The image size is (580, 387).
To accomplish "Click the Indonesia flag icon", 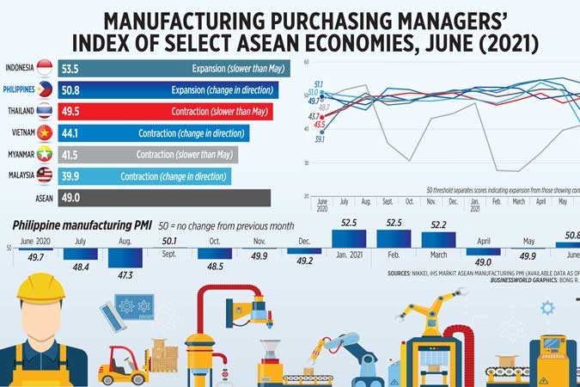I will click(44, 68).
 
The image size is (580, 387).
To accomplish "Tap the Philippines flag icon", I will click(44, 89).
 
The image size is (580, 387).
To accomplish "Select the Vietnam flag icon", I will click(44, 132).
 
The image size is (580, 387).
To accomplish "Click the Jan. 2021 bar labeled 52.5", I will click(348, 239).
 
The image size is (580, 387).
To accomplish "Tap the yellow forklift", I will click(124, 365).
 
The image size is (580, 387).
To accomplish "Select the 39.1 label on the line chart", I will click(319, 138).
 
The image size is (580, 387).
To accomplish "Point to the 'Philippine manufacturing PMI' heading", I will click(82, 224).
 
